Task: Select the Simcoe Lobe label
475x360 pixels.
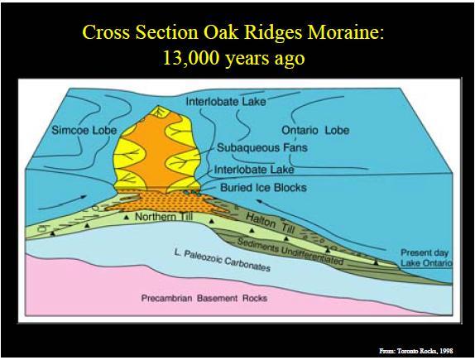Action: (84, 130)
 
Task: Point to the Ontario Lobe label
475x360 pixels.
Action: (315, 130)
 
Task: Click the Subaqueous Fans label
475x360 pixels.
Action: (262, 148)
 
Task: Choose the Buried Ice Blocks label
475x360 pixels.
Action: (263, 188)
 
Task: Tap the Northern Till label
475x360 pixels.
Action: (164, 216)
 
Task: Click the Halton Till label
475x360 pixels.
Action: (270, 223)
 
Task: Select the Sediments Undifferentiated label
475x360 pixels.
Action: (290, 251)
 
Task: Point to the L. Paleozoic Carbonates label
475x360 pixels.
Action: (223, 260)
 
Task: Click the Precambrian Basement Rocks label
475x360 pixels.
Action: (204, 298)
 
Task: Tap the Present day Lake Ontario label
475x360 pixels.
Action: (426, 257)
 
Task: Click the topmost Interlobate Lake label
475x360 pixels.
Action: (226, 102)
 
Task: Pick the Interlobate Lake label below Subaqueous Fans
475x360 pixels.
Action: (254, 170)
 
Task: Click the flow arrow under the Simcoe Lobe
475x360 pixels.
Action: (63, 202)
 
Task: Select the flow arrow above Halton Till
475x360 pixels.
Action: (321, 224)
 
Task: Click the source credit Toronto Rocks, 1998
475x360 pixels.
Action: (416, 351)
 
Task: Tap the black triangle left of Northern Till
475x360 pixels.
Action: (127, 218)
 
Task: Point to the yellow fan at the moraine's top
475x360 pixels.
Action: (159, 112)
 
